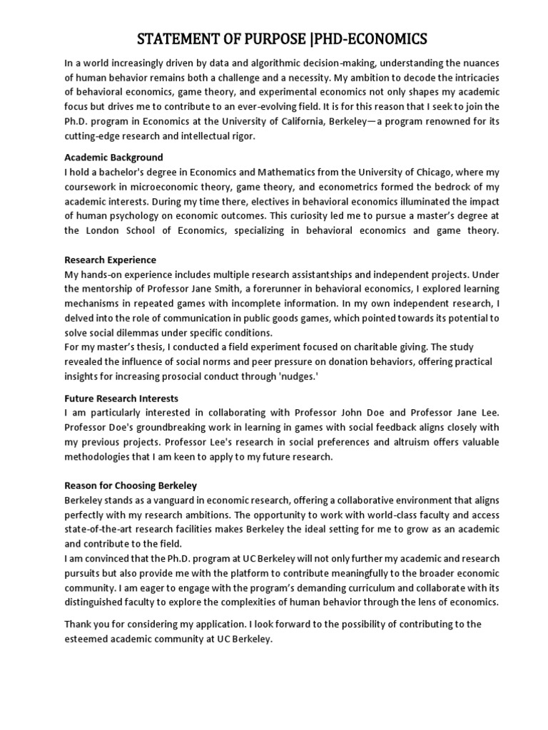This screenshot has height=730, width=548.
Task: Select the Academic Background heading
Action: coord(113,157)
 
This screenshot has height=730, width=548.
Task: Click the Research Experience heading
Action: coord(110,259)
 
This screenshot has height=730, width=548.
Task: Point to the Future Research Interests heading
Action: coord(121,398)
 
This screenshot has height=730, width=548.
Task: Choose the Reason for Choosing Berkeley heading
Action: coord(131,485)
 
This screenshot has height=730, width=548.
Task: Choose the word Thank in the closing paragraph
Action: coord(78,624)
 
